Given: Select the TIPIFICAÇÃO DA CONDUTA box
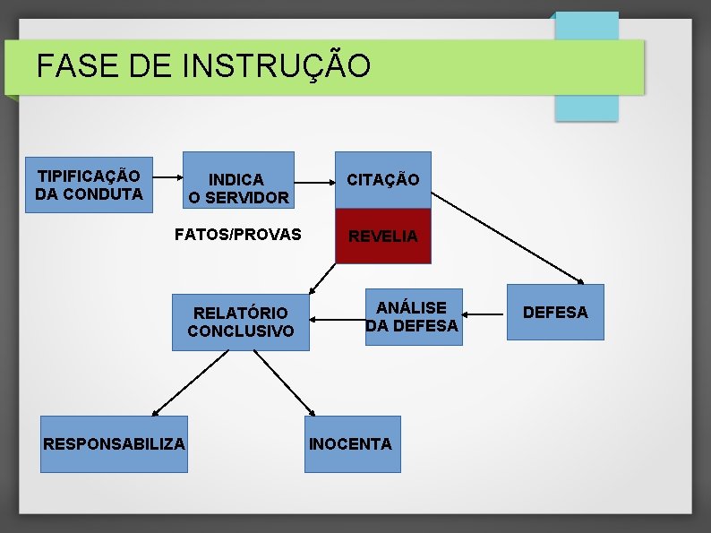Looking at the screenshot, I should (x=89, y=184).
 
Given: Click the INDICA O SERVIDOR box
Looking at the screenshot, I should (x=238, y=188).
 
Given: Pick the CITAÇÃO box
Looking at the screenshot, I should (x=382, y=179).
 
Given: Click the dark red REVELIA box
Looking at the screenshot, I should (x=382, y=236).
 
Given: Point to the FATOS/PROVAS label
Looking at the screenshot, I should (x=237, y=236).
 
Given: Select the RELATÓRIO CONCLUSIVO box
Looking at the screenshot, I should (x=240, y=322).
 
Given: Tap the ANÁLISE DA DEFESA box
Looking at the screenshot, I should (x=413, y=316).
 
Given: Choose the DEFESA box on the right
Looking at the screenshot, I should (x=555, y=312).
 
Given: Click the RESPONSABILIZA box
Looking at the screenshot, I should (x=115, y=443).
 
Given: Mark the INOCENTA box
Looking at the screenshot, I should (x=352, y=443).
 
